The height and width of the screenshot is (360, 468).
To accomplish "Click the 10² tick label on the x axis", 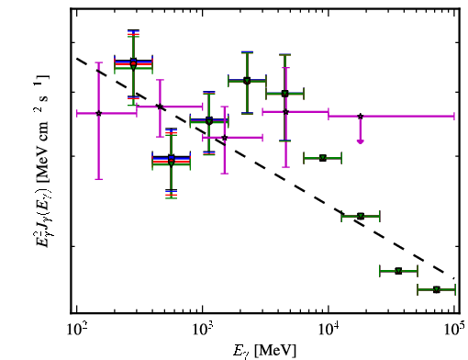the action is [76, 331].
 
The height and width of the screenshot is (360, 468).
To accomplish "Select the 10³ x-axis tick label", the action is [202, 331].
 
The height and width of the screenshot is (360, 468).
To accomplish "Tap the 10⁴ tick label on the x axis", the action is [329, 331].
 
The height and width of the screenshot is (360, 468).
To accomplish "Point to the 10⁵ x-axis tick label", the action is [455, 331].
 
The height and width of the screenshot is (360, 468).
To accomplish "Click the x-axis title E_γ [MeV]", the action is [264, 351].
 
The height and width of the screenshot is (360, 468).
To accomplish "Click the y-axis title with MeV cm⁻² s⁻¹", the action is [41, 161].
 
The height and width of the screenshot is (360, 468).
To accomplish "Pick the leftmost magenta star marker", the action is [98, 113].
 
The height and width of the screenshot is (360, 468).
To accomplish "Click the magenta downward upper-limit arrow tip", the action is [361, 142].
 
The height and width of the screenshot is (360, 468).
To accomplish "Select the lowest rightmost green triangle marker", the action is [437, 289].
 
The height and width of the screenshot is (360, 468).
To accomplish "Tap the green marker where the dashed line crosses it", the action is [361, 217].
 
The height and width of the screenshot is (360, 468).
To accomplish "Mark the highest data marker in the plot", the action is [133, 63].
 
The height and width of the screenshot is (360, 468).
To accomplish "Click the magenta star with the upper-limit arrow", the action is [361, 117].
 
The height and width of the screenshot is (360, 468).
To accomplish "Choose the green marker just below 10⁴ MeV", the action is [323, 158].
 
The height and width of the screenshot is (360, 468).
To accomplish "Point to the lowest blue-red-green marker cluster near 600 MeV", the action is [172, 161].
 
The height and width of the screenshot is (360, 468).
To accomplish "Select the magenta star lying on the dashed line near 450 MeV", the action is [160, 107].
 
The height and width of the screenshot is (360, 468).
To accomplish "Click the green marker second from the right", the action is [398, 271].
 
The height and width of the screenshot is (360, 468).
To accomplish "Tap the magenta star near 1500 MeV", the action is [225, 138].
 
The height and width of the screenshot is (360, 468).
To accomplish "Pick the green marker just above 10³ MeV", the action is [209, 121].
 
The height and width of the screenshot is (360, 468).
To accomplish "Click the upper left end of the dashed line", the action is [77, 58].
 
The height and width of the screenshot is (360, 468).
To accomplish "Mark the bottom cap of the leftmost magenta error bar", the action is [98, 179].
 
